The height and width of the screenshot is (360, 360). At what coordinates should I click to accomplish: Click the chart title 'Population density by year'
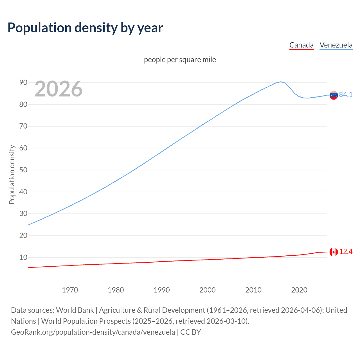click(x=85, y=28)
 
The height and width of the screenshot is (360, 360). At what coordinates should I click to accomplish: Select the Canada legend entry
click(x=301, y=45)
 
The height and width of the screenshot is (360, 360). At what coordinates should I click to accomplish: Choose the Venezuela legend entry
click(x=336, y=45)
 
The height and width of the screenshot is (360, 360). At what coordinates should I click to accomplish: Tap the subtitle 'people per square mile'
click(x=180, y=60)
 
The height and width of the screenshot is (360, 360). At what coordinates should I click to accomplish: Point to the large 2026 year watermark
click(x=58, y=89)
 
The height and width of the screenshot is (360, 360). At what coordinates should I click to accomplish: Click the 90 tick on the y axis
click(x=23, y=82)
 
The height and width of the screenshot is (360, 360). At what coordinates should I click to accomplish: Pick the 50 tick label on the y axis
click(x=23, y=170)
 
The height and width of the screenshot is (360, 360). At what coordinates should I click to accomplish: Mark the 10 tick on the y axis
click(x=23, y=257)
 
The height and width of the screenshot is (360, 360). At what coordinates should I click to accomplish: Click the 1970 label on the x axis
click(x=70, y=290)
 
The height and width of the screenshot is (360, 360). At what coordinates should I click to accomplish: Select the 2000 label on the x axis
click(x=207, y=290)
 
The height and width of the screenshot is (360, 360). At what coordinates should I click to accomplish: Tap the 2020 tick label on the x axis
click(x=299, y=290)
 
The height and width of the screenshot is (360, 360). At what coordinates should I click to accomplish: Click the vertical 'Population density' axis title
click(x=12, y=174)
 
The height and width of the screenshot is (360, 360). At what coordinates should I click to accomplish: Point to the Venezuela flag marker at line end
click(x=334, y=95)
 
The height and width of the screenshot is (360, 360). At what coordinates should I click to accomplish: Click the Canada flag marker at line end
click(x=334, y=252)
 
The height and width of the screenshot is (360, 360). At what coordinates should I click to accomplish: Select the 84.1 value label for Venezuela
click(x=346, y=95)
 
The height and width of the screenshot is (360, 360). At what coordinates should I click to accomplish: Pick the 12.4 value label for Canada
click(x=346, y=252)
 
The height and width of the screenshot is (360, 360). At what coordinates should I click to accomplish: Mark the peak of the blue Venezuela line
click(x=280, y=82)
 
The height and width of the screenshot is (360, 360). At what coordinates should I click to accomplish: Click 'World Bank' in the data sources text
click(x=75, y=310)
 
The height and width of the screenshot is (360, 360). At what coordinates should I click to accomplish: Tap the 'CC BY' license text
click(x=190, y=332)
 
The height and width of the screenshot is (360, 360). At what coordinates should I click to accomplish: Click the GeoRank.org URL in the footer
click(x=93, y=332)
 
